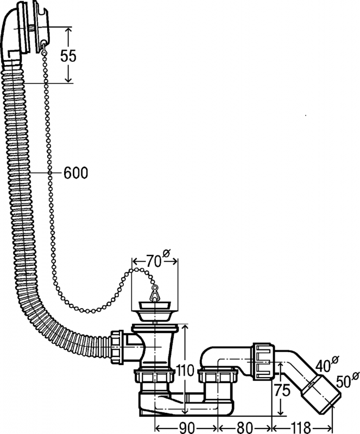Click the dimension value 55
(x=68, y=56)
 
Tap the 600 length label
(x=75, y=173)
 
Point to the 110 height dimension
(x=185, y=371)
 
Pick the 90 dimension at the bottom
(x=187, y=427)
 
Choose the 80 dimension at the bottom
(x=245, y=427)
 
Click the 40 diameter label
(x=324, y=365)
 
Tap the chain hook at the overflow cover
(x=44, y=48)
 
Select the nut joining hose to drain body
(x=117, y=347)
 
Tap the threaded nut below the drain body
(x=154, y=375)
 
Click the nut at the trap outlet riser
(x=218, y=375)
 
